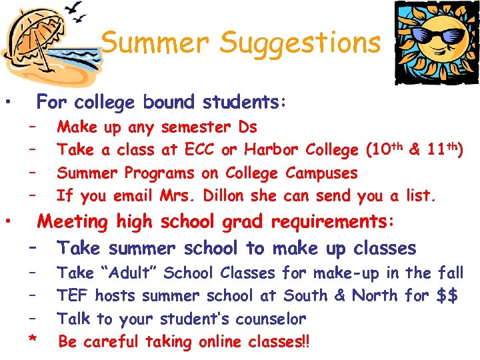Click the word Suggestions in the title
tap(300, 44)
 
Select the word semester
tap(194, 127)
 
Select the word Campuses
tap(321, 173)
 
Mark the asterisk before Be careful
tap(32, 341)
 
